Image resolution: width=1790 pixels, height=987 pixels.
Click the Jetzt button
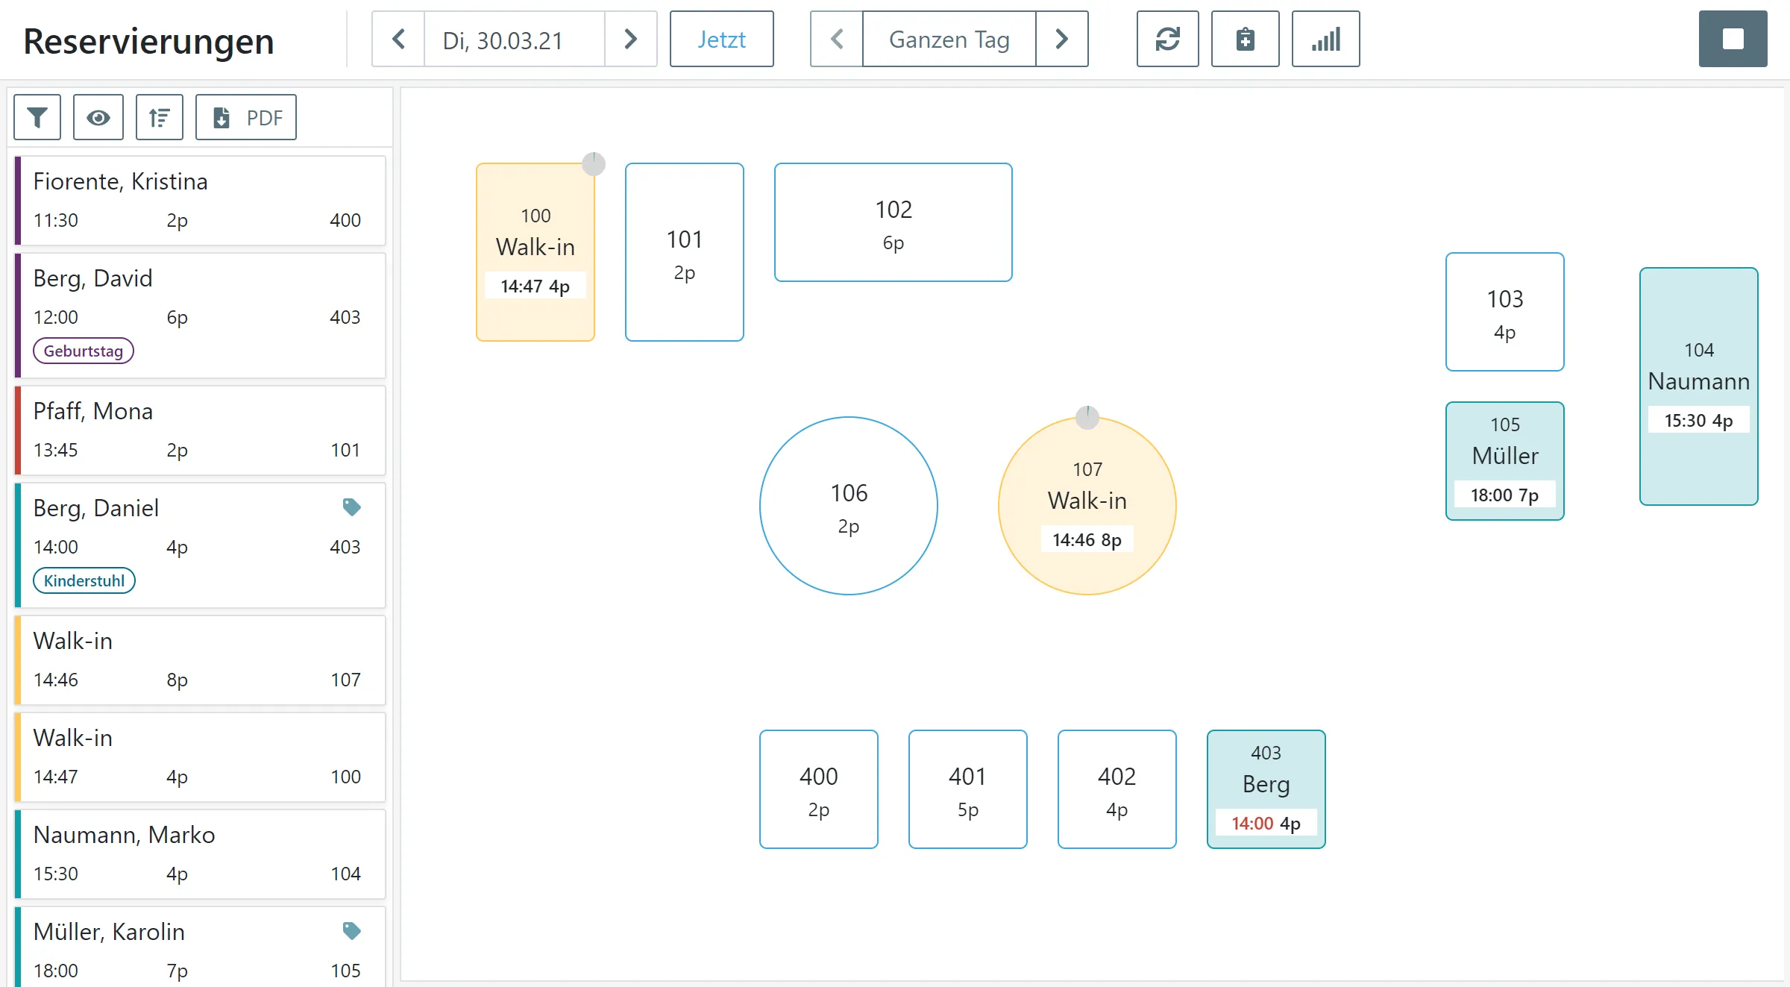click(721, 40)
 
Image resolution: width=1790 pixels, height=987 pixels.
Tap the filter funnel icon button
click(37, 117)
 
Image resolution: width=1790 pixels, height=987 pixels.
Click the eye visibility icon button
click(98, 117)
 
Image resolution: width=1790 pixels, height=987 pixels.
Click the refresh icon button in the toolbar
click(1167, 40)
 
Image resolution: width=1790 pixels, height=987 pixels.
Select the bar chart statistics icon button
click(1325, 40)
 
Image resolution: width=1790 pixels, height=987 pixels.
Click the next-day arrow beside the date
click(631, 40)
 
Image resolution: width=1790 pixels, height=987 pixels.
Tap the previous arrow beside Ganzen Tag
click(837, 40)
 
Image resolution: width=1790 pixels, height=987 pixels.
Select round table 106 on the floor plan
click(849, 506)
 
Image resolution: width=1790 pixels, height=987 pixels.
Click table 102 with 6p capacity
click(894, 222)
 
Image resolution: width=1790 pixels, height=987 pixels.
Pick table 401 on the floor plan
click(968, 789)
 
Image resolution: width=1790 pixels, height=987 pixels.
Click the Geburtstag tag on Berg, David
click(84, 351)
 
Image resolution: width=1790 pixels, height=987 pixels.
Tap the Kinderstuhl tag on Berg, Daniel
click(84, 581)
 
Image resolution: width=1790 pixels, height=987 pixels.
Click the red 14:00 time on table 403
click(1252, 824)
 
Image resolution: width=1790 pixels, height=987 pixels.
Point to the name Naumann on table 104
click(1699, 381)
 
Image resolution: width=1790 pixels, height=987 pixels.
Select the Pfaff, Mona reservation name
click(93, 411)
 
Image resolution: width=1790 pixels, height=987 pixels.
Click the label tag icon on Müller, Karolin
click(352, 931)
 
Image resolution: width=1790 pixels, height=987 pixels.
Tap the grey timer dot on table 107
click(1087, 417)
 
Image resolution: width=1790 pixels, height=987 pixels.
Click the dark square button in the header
click(1733, 40)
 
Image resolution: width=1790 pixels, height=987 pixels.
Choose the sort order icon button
click(160, 117)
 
